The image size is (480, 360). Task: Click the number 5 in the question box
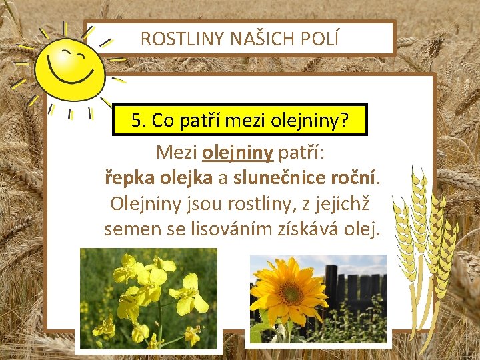[137, 120]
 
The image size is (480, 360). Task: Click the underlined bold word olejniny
[237, 153]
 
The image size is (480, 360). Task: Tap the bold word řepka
[128, 178]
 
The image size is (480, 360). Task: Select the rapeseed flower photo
[148, 299]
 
